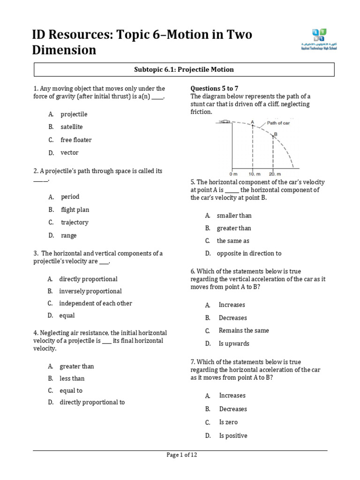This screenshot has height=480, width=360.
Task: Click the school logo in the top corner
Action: click(x=319, y=39)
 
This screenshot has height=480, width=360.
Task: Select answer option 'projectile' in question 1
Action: click(x=74, y=114)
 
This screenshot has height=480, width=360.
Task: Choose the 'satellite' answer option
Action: click(x=71, y=127)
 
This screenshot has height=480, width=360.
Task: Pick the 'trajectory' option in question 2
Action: click(x=75, y=223)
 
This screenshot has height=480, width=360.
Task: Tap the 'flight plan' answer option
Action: click(x=75, y=210)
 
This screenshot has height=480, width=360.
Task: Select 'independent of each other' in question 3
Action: click(x=96, y=303)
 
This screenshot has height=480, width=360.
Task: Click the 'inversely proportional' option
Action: click(x=90, y=291)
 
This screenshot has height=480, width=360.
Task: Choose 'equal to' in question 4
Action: click(x=71, y=390)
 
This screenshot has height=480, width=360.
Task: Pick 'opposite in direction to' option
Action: click(x=249, y=254)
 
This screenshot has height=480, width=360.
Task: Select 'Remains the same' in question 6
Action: click(x=244, y=330)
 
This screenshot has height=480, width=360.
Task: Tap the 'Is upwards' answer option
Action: click(x=234, y=344)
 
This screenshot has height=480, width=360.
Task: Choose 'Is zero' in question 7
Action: click(x=228, y=422)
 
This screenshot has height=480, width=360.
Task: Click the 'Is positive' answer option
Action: click(x=233, y=436)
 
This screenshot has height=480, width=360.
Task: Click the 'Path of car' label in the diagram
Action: click(x=278, y=123)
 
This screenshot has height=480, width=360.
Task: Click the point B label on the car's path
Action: click(x=276, y=134)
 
